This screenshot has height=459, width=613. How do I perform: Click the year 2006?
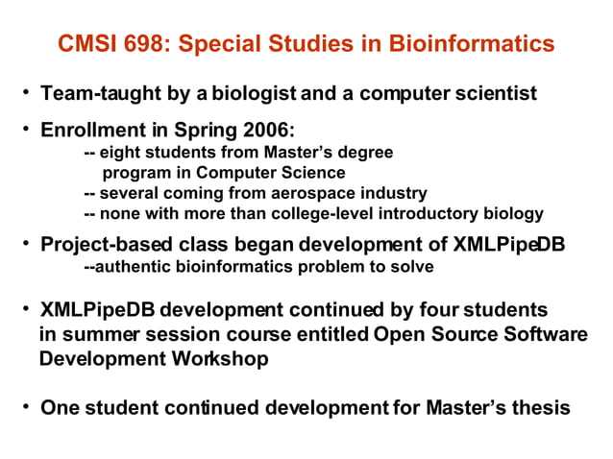point(255,130)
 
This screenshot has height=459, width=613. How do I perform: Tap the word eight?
point(119,152)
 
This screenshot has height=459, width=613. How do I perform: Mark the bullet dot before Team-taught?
point(28,94)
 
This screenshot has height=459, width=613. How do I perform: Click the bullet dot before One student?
point(28,405)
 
